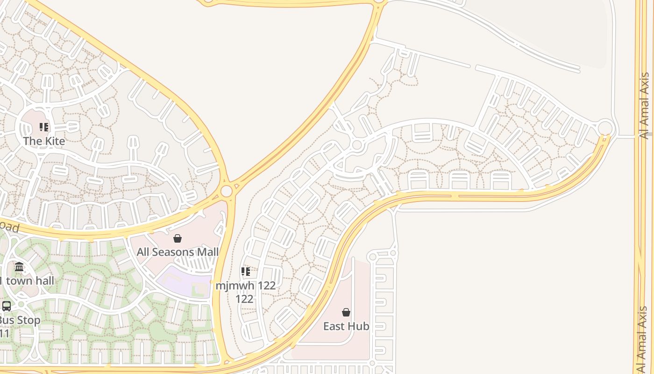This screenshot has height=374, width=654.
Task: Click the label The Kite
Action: [x=44, y=141]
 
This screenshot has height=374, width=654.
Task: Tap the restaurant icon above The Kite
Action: [x=44, y=127]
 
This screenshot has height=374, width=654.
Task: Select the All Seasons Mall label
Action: [x=178, y=252]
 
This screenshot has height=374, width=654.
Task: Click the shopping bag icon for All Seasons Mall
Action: [x=178, y=239]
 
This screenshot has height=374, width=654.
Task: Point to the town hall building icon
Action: [x=19, y=267]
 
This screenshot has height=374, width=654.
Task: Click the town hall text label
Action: [x=28, y=280]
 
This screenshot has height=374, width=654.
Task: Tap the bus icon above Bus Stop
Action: [x=7, y=306]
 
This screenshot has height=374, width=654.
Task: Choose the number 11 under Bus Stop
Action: [x=5, y=333]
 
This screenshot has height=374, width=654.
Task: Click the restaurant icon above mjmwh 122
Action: [x=246, y=272]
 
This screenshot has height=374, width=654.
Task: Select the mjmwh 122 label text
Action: [x=246, y=285]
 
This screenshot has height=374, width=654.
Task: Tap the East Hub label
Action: [x=346, y=326]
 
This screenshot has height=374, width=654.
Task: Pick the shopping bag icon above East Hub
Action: [x=346, y=312]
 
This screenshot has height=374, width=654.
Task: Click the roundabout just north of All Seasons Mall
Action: [x=227, y=191]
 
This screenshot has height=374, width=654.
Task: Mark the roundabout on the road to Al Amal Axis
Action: [x=605, y=128]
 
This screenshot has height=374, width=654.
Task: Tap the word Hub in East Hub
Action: [x=359, y=326]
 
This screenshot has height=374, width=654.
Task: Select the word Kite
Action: [x=55, y=141]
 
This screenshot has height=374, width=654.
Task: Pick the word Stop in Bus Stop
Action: [x=29, y=320]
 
